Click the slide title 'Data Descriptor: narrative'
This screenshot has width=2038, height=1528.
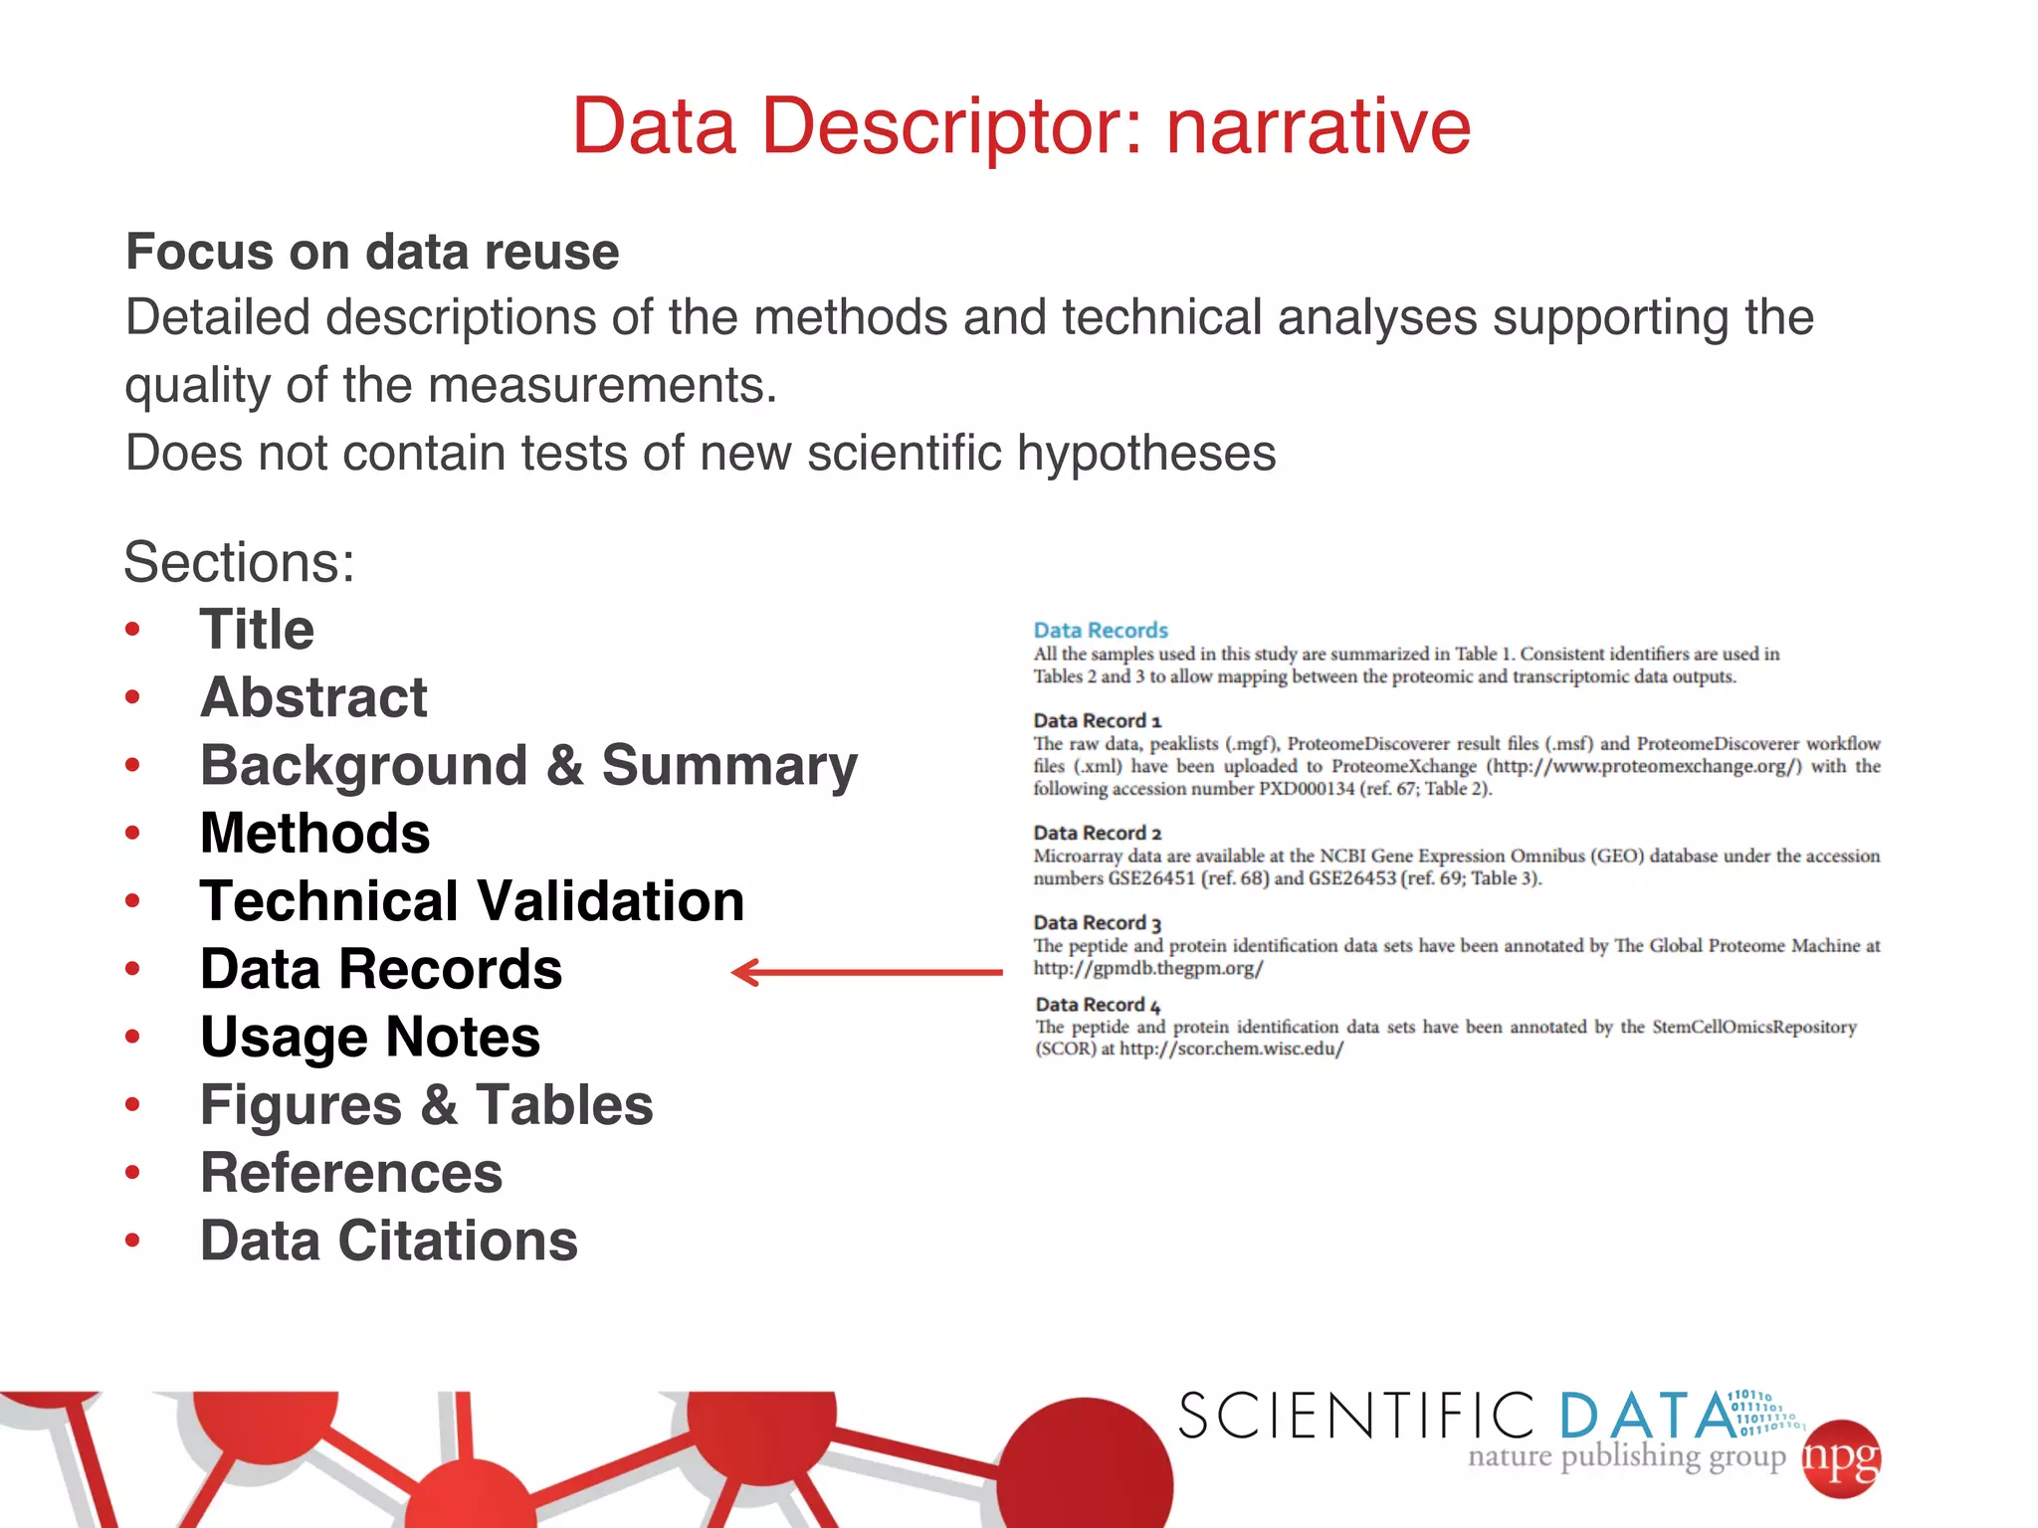(1021, 126)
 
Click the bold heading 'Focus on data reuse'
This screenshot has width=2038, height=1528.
(372, 252)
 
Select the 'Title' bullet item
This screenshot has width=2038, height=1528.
(257, 630)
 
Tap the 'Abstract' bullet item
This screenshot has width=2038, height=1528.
(313, 697)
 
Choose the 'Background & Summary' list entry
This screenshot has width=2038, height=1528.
(528, 765)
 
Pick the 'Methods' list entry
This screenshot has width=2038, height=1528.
(314, 833)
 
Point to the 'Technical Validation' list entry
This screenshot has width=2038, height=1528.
(472, 901)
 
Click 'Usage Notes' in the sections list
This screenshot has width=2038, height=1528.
(370, 1037)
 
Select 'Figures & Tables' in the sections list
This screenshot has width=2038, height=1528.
(426, 1105)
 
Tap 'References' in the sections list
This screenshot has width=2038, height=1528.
(351, 1173)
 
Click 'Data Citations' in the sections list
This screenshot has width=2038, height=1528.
(389, 1241)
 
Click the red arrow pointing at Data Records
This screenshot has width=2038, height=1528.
(867, 972)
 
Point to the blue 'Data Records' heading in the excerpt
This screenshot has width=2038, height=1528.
(1100, 630)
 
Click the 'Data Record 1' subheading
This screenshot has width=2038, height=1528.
(1097, 720)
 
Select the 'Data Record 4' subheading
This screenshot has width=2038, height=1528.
(1098, 1005)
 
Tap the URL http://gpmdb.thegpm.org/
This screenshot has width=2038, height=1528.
(1147, 968)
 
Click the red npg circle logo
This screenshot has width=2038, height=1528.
(1841, 1458)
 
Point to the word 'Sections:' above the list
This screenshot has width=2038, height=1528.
(239, 562)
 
